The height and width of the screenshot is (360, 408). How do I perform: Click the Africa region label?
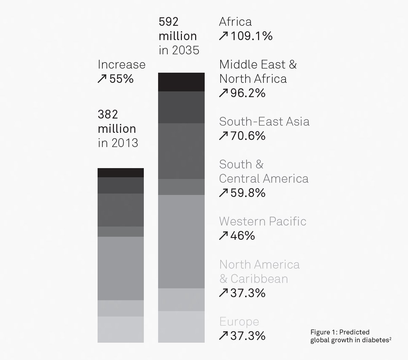click(235, 22)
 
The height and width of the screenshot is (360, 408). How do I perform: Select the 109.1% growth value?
click(252, 36)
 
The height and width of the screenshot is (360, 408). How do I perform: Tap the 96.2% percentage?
click(248, 93)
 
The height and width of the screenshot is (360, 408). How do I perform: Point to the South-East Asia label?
click(264, 122)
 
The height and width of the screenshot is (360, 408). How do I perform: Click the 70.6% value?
click(248, 136)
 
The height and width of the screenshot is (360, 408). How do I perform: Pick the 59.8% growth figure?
click(248, 193)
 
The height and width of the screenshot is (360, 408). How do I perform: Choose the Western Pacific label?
click(262, 221)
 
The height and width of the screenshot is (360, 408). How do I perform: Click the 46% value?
click(242, 236)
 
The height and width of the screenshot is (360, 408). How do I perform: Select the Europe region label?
click(239, 322)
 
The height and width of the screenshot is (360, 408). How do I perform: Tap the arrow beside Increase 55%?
click(102, 79)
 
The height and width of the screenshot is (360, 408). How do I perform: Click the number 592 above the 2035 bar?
click(169, 22)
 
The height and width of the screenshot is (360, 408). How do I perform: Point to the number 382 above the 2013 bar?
click(108, 114)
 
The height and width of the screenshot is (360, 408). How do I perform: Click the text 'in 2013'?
click(118, 143)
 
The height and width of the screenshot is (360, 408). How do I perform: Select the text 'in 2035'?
click(179, 50)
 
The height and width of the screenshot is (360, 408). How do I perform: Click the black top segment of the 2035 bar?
click(181, 82)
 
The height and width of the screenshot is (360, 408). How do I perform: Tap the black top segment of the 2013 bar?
click(121, 173)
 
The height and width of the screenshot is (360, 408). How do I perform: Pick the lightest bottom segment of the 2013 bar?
click(121, 329)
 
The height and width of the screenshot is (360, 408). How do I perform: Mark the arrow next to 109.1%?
click(223, 36)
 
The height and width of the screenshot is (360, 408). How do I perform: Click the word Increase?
click(121, 65)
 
